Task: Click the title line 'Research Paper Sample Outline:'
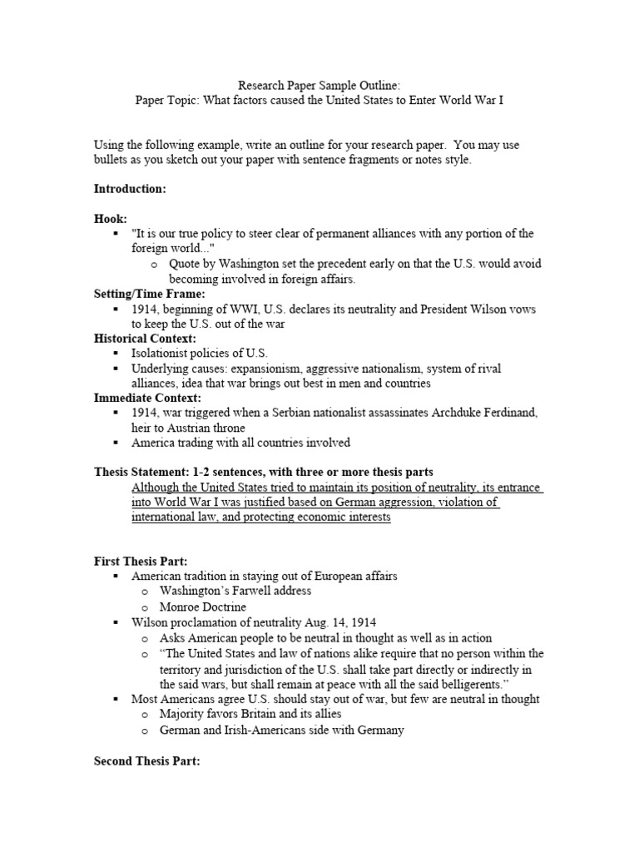click(x=319, y=85)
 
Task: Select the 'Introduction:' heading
click(x=130, y=190)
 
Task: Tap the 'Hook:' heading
click(x=111, y=219)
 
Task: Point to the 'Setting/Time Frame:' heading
click(x=149, y=293)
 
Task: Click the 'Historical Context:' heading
click(x=145, y=339)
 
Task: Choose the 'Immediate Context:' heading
click(x=147, y=399)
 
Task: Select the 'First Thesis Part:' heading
click(x=140, y=561)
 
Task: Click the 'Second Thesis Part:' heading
click(x=147, y=761)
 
